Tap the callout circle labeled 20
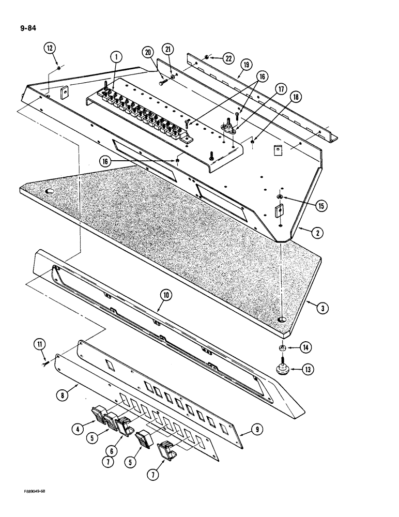point(148,52)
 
